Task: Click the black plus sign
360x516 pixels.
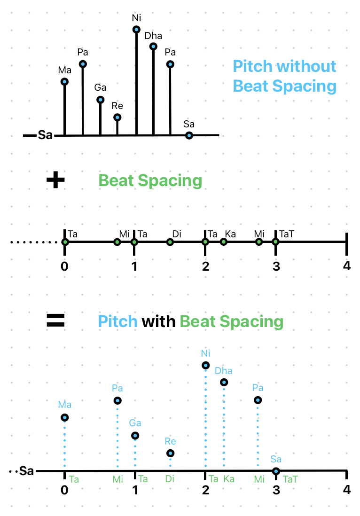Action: point(55,180)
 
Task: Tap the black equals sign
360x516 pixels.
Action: point(55,320)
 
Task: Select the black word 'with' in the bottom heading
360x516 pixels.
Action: point(158,321)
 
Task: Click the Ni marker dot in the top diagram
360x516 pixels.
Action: point(137,30)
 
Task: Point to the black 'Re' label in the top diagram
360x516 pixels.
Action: point(117,106)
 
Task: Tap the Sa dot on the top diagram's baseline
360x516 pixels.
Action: point(189,135)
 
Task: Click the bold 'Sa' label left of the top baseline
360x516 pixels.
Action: point(45,135)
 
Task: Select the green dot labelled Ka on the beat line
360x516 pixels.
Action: point(224,242)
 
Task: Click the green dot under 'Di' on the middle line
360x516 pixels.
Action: point(170,242)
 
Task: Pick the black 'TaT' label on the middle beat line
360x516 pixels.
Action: point(286,234)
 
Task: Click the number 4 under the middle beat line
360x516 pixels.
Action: point(347,266)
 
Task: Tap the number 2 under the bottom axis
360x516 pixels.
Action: point(206,490)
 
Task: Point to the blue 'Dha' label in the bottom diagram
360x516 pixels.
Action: point(223,371)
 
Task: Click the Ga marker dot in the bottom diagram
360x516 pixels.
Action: point(135,436)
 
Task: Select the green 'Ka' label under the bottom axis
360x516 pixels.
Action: point(229,479)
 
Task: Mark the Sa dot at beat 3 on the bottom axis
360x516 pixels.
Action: point(276,471)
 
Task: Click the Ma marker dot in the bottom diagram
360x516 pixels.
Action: point(65,418)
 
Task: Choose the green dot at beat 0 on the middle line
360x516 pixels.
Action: point(65,242)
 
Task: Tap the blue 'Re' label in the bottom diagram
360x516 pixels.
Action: point(170,441)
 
